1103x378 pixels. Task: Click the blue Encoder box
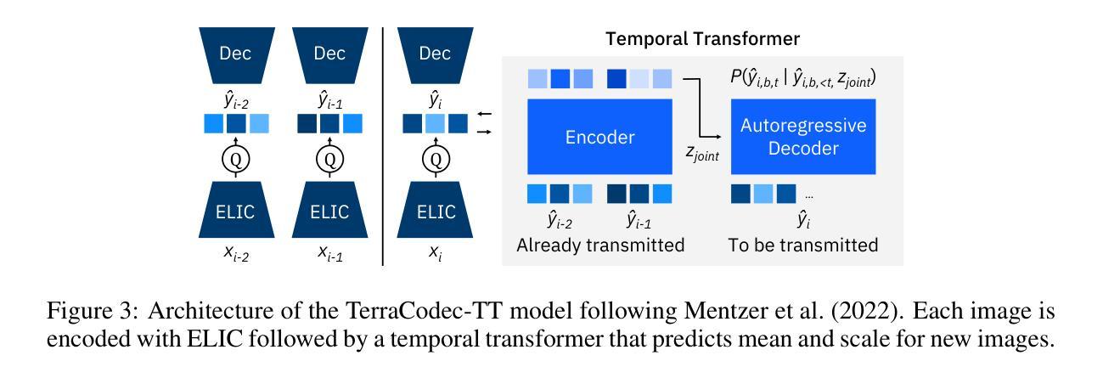(600, 138)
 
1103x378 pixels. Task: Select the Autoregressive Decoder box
(803, 137)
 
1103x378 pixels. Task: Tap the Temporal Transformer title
(701, 39)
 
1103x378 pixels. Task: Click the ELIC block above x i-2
(235, 212)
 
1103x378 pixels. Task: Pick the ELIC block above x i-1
(329, 212)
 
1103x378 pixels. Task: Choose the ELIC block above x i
(435, 212)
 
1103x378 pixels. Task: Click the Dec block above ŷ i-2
(235, 54)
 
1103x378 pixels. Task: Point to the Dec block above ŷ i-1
(329, 54)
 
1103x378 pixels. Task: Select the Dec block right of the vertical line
(435, 54)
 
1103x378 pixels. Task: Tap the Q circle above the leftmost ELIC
(235, 158)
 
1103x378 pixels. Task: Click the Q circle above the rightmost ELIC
(435, 158)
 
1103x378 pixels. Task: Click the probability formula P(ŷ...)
(802, 79)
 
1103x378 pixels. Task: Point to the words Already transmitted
(600, 245)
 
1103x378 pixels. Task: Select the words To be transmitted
(802, 245)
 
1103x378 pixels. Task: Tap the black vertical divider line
(384, 144)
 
